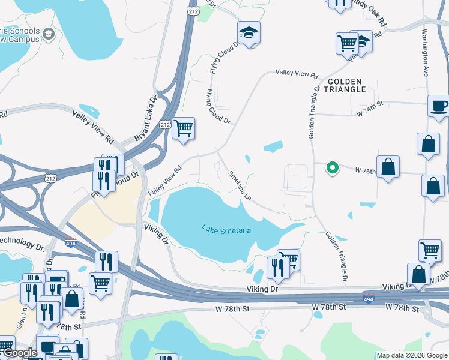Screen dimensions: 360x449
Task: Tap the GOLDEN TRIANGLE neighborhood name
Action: click(346, 85)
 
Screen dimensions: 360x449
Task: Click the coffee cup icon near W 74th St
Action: click(439, 106)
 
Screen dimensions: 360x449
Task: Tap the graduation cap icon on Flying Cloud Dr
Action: click(248, 34)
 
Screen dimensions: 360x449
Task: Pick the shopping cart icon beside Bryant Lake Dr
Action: click(183, 127)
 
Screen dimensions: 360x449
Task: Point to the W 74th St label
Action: click(371, 112)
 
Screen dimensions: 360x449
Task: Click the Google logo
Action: click(19, 353)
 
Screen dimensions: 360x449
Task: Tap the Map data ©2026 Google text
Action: click(411, 355)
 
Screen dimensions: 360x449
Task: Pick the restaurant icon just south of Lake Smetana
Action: click(277, 267)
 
